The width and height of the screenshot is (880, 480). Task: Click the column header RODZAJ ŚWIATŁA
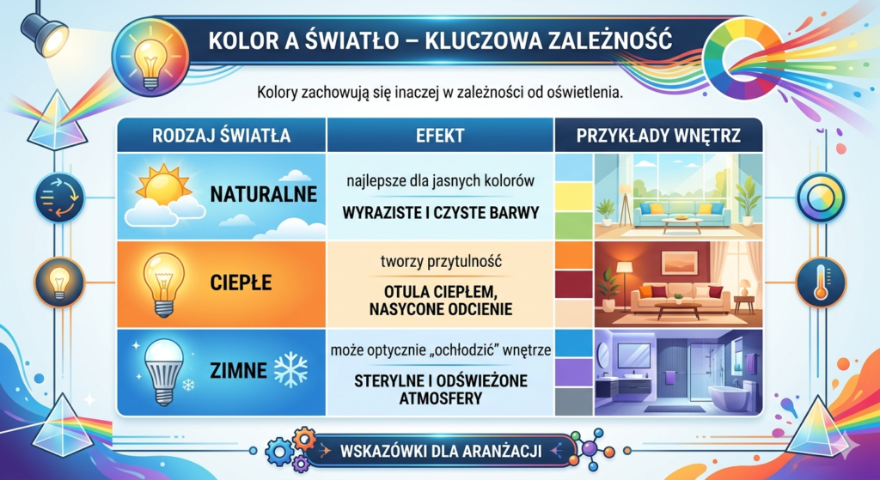click(221, 136)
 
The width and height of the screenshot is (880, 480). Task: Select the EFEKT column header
click(440, 136)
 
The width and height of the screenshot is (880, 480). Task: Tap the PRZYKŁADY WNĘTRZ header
click(658, 136)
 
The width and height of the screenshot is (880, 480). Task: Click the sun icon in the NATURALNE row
click(163, 185)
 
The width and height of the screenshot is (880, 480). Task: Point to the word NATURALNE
click(264, 195)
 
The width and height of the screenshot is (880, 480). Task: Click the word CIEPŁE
click(241, 282)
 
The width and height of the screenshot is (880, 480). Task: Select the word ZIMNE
click(239, 371)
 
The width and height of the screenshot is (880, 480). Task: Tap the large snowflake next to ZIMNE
click(290, 370)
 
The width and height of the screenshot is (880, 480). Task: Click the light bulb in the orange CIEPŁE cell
click(164, 284)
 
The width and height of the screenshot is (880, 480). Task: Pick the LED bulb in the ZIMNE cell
click(164, 371)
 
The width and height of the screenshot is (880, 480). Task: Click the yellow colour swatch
click(573, 197)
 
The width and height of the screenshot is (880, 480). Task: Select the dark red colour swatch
click(573, 284)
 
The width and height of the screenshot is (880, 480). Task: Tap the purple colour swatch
click(573, 372)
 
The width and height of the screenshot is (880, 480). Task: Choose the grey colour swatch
click(573, 401)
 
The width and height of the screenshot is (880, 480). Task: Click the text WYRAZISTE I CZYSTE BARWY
click(441, 213)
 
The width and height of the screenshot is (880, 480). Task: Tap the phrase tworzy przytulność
click(441, 262)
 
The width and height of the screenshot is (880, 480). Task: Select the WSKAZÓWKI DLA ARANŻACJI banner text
click(441, 451)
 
